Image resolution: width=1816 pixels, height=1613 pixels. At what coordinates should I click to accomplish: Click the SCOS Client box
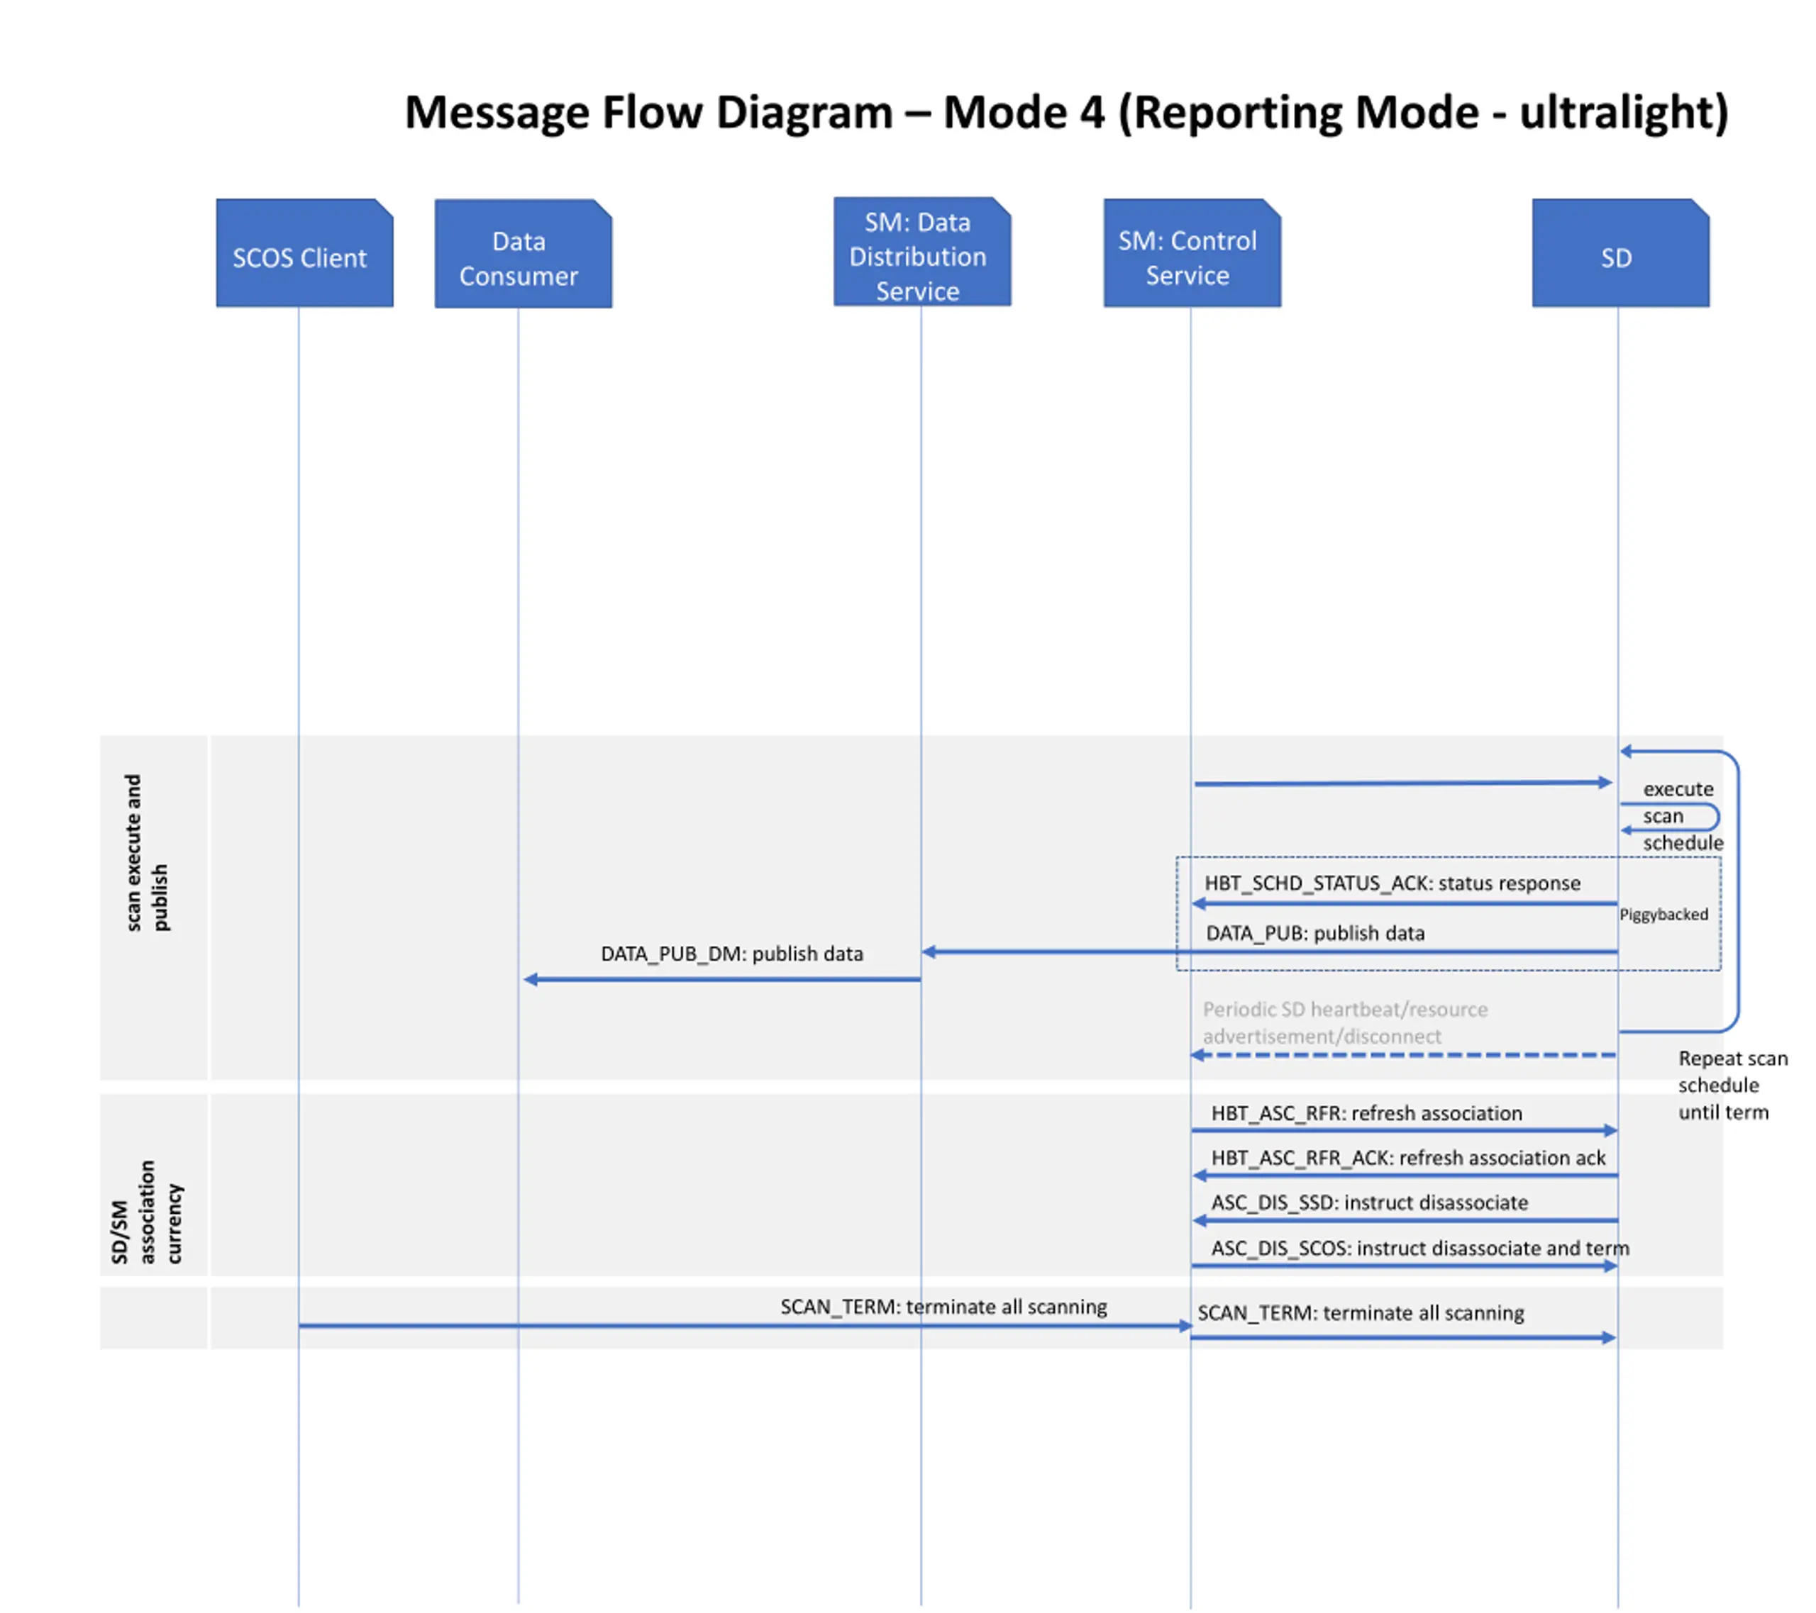tap(305, 253)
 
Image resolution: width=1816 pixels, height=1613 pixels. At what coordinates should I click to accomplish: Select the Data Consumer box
tap(524, 254)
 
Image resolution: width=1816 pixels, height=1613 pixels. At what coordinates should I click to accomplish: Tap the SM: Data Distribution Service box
tap(922, 252)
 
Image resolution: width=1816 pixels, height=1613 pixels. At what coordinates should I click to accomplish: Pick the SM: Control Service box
tap(1192, 253)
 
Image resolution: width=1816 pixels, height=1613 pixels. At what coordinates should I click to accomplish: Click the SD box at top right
tap(1620, 253)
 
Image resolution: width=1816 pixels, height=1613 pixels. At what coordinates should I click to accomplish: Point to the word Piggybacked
tap(1663, 914)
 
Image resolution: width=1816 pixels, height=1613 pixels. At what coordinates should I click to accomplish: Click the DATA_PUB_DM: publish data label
tap(732, 953)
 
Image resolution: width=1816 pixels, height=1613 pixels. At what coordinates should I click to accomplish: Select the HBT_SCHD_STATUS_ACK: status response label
tap(1393, 883)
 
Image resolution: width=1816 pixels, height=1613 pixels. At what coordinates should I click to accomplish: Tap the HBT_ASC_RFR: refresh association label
tap(1366, 1113)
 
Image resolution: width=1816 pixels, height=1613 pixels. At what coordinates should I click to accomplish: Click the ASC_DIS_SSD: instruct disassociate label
tap(1369, 1202)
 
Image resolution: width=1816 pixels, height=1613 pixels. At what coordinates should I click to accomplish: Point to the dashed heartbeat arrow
tap(1403, 1055)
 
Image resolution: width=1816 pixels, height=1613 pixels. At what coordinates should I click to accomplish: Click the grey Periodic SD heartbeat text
tap(1345, 1022)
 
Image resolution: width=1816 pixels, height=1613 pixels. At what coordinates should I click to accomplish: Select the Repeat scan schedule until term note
tap(1732, 1085)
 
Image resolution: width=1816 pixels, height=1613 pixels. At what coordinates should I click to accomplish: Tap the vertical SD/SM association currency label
tap(147, 1212)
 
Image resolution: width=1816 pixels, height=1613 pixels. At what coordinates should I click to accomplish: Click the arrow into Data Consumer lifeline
tap(721, 979)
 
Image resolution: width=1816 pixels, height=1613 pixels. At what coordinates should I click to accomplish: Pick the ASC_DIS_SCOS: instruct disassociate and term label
tap(1419, 1248)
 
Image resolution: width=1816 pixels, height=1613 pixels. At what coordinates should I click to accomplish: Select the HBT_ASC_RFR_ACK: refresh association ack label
tap(1408, 1157)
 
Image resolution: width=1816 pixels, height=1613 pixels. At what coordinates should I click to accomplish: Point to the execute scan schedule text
tap(1682, 815)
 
